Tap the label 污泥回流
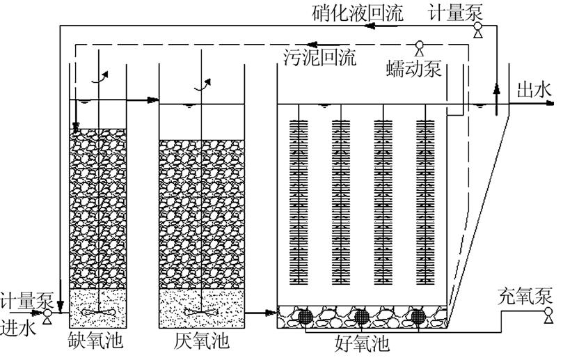[320, 57]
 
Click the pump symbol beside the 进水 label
[47, 315]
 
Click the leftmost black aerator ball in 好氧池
[304, 315]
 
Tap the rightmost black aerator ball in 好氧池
[418, 315]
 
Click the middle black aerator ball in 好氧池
[361, 315]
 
